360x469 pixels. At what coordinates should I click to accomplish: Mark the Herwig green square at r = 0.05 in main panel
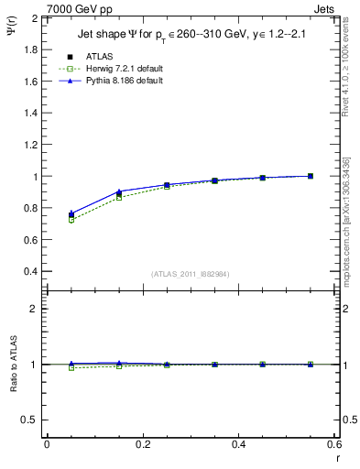71,220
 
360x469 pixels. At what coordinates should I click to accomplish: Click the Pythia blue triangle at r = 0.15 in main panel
119,191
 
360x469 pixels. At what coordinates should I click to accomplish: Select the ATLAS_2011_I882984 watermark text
189,273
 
